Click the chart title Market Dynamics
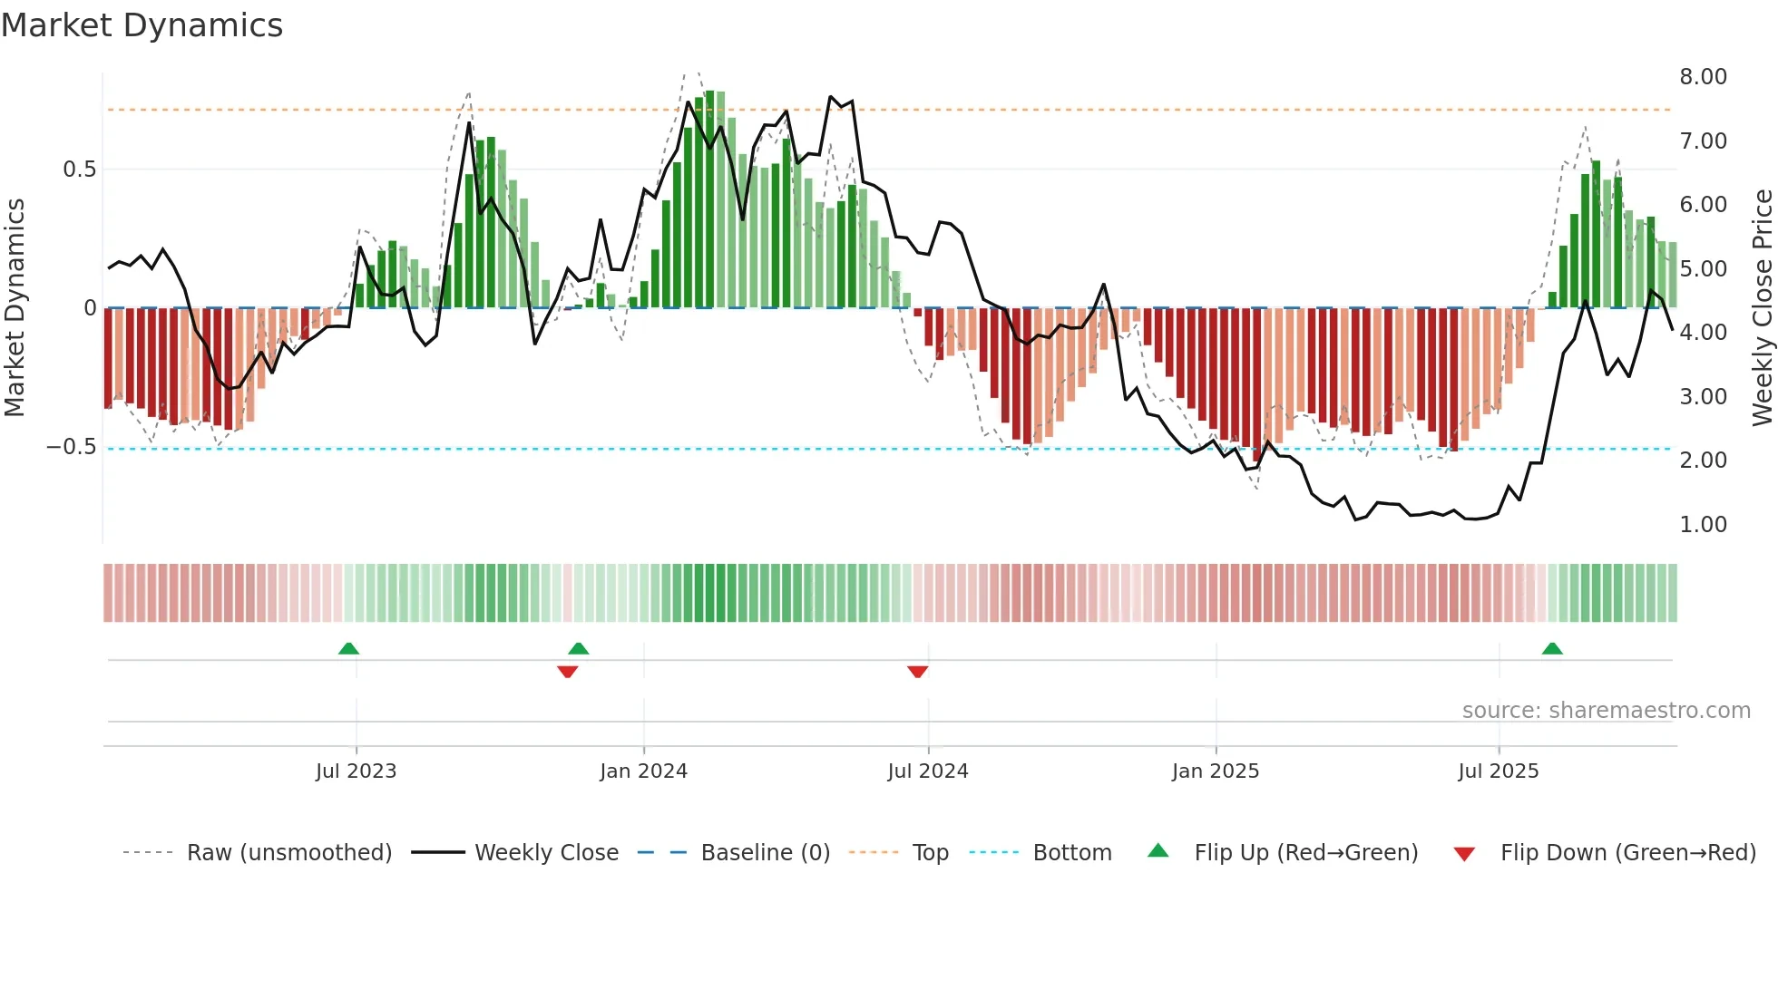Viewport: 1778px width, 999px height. click(142, 25)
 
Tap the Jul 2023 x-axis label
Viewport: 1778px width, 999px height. click(356, 771)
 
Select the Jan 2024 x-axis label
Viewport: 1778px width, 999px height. click(643, 771)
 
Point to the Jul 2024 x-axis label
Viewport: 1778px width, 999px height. click(927, 771)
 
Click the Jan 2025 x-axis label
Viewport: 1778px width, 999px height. click(1215, 771)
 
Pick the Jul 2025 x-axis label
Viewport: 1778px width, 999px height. click(1498, 771)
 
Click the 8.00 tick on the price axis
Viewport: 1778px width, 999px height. click(1703, 77)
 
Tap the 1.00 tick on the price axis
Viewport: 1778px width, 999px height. click(1703, 525)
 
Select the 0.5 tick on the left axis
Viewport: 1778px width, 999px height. click(79, 170)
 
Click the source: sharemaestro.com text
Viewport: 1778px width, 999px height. click(1606, 711)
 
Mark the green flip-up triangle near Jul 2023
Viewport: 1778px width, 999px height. click(348, 648)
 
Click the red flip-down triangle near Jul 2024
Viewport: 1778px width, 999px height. click(917, 672)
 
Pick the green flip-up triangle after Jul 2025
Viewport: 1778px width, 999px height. click(1552, 648)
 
